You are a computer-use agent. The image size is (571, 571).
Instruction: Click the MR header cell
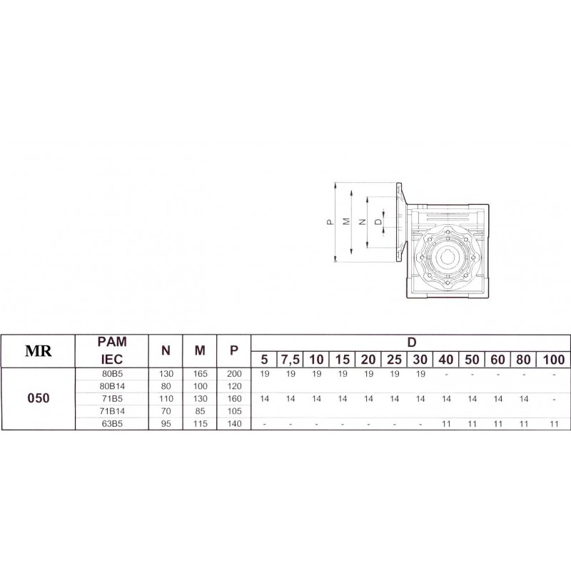point(39,351)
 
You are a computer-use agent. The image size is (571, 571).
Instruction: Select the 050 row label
point(39,398)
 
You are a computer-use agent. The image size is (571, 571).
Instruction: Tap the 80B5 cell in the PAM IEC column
point(112,373)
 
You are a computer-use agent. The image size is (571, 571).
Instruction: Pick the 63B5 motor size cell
point(112,424)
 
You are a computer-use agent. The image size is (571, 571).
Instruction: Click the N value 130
point(166,373)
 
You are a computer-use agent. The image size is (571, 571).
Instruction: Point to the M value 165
point(200,373)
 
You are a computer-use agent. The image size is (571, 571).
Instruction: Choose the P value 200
point(234,373)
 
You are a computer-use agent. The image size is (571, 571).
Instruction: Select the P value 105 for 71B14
point(234,411)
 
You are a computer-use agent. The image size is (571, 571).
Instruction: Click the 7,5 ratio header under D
point(290,360)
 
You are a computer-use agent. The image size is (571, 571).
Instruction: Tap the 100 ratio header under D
point(554,360)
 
